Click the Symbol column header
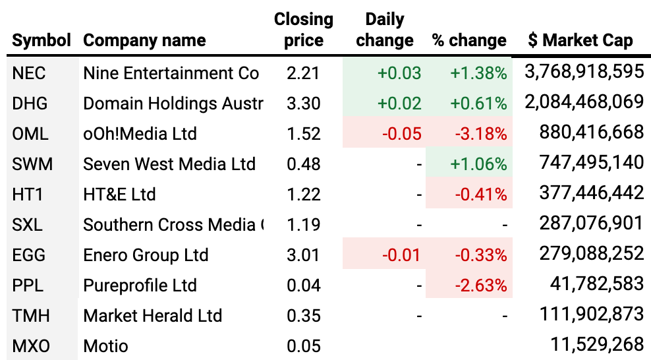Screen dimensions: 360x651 (x=42, y=40)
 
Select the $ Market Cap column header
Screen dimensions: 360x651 (x=580, y=40)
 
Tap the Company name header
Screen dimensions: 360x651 (x=144, y=40)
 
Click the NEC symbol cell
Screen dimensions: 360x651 (x=30, y=73)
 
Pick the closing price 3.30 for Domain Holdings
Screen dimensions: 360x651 (x=303, y=104)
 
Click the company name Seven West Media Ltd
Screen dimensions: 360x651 (x=169, y=164)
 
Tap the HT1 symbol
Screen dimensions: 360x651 (x=28, y=195)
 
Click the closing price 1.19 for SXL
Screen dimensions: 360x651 (x=303, y=225)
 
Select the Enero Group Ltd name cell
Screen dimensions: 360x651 (x=146, y=255)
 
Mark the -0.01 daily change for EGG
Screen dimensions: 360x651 (x=401, y=255)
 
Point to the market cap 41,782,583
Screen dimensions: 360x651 (x=596, y=285)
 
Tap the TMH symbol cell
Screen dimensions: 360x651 (x=30, y=316)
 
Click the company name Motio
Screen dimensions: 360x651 (x=105, y=346)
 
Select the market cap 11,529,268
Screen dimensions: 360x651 (x=596, y=345)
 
